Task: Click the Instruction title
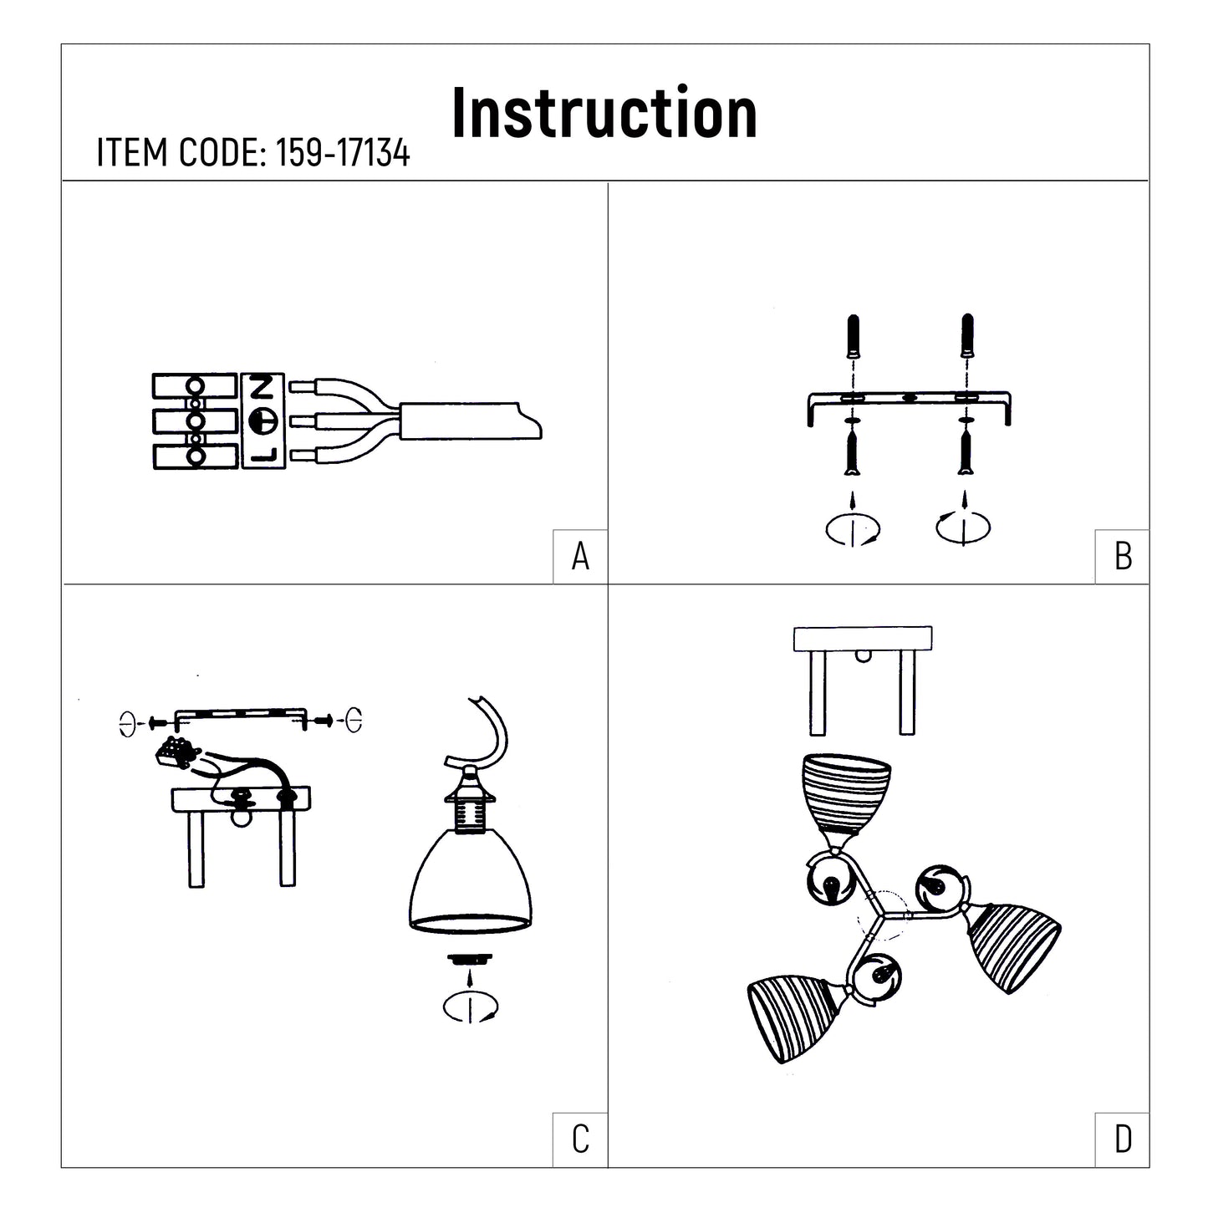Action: pos(604,113)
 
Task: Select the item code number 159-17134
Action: pos(343,152)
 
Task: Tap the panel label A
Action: pos(580,556)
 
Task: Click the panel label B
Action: pos(1124,556)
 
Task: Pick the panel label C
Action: pos(580,1139)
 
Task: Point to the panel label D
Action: pos(1124,1139)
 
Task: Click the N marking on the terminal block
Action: pos(262,388)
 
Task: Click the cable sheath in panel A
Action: pos(470,421)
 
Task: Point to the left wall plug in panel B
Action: pos(853,336)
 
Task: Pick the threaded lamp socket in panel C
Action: pos(469,818)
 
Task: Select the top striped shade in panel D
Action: pos(846,794)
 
